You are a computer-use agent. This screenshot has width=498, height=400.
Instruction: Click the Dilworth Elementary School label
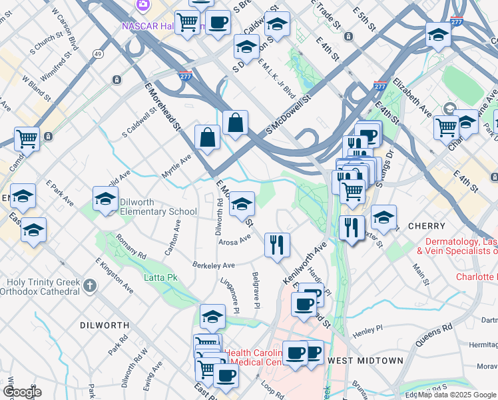tap(158, 211)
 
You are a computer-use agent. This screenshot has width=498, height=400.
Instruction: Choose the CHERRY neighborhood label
tap(425, 226)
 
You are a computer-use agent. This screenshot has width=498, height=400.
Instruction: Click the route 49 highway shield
tap(99, 53)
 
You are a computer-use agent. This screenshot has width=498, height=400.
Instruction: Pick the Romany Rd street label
tap(130, 246)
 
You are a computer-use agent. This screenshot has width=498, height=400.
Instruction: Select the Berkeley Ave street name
tap(214, 265)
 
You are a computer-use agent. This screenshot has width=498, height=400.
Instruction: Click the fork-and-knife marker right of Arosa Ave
tap(276, 244)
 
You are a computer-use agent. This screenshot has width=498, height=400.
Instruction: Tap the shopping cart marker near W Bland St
tap(27, 139)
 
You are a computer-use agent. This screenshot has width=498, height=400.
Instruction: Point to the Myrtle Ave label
tap(176, 166)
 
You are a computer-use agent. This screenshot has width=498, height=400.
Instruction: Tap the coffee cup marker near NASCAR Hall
tap(217, 23)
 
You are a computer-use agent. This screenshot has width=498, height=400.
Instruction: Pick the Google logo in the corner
tap(22, 392)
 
